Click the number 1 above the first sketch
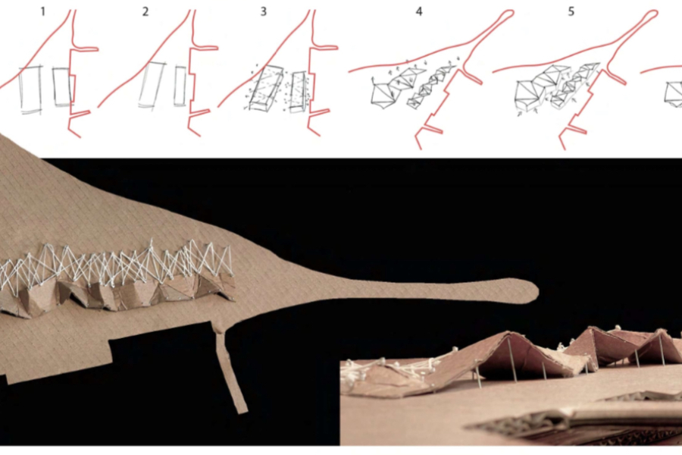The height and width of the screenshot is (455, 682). (x=42, y=12)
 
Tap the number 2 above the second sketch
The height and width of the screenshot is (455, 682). (x=145, y=12)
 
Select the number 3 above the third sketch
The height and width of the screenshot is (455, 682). (x=264, y=12)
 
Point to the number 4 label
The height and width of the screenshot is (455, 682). (x=419, y=12)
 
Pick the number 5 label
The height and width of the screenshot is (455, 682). (x=571, y=12)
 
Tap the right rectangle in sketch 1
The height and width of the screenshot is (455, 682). (x=64, y=86)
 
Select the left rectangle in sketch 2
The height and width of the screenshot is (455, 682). (x=152, y=84)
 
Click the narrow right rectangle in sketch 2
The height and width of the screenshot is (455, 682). (x=180, y=86)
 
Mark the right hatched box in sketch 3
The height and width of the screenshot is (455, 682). (x=299, y=92)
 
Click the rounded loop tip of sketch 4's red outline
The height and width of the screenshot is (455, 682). (x=507, y=14)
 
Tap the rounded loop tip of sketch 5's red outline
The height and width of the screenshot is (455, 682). (x=650, y=14)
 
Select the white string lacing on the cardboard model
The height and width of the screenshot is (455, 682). (x=117, y=265)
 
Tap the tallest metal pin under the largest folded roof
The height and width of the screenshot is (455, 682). (x=510, y=359)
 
